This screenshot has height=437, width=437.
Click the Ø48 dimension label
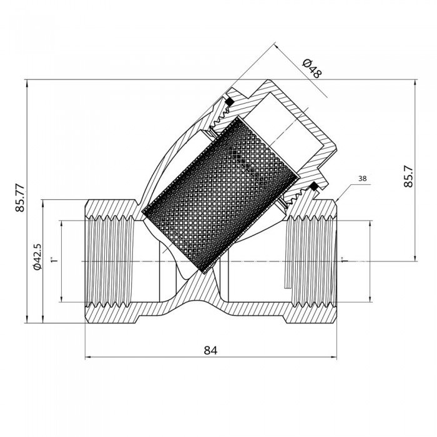pos(311,67)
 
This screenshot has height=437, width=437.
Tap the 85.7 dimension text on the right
pos(408,177)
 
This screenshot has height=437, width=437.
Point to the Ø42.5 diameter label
pos(37,257)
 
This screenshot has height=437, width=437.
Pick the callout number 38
pos(362,179)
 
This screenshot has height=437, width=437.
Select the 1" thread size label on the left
pos(54,258)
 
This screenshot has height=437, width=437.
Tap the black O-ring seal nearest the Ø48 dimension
pos(229,101)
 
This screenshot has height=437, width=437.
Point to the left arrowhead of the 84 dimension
pos(87,358)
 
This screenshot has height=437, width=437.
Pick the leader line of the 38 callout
pos(345,191)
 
